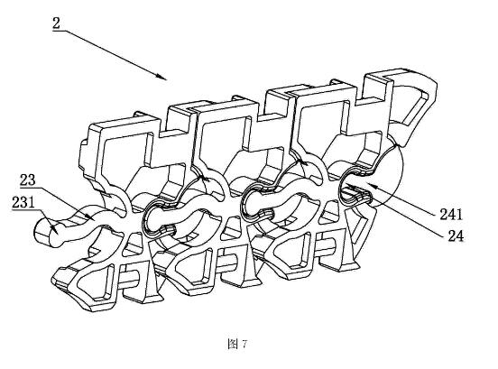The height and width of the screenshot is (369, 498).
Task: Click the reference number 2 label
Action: (56, 23)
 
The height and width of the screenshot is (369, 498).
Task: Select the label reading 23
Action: (28, 180)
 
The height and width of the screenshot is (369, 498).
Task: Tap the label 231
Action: (23, 202)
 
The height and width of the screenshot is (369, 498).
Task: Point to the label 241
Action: (451, 215)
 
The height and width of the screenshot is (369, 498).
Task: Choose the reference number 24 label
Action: (456, 236)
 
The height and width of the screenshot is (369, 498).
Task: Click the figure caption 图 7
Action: (237, 344)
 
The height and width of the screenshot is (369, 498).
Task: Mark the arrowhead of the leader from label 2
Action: (161, 77)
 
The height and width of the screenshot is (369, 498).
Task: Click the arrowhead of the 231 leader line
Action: (53, 227)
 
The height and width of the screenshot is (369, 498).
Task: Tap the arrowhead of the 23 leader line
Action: (89, 217)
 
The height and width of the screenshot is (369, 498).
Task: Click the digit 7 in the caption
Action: (244, 345)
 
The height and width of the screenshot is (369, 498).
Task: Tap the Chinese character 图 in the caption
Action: (233, 344)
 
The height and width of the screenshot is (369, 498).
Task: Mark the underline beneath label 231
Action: (23, 210)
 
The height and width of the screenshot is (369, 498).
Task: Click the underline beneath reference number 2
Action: (60, 31)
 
